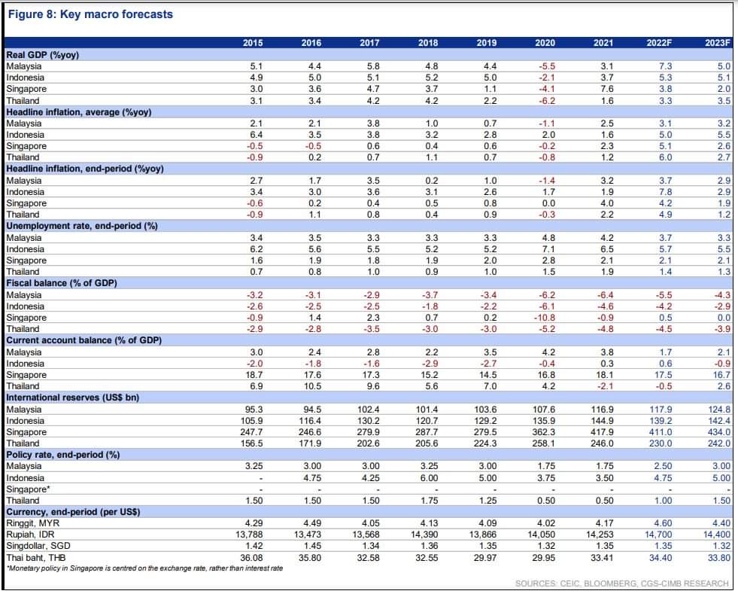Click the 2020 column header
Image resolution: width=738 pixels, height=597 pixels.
coord(545,43)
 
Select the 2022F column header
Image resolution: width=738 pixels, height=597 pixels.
coord(659,43)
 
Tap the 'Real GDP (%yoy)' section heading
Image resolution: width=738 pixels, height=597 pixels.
coord(42,55)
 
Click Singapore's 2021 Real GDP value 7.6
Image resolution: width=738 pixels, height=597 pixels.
coord(607,89)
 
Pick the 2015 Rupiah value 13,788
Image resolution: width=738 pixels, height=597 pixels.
coord(249,535)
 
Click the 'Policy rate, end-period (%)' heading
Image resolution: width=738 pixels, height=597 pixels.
coord(63,455)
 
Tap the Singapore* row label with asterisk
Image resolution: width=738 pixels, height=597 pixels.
coord(29,489)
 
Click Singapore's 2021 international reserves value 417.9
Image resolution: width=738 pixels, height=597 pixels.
coord(603,432)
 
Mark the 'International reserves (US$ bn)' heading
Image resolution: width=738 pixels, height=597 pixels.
coord(72,397)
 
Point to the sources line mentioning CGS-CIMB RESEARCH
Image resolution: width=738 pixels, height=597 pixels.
coord(621,583)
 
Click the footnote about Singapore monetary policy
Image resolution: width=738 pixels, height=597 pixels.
coord(145,568)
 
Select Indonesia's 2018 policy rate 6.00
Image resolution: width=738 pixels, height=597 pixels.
coord(428,478)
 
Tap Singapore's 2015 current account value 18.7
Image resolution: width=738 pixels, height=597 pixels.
coord(254,375)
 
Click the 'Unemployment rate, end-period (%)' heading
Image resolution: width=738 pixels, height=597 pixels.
coord(82,226)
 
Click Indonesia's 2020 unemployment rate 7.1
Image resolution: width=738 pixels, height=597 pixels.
coord(548,249)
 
